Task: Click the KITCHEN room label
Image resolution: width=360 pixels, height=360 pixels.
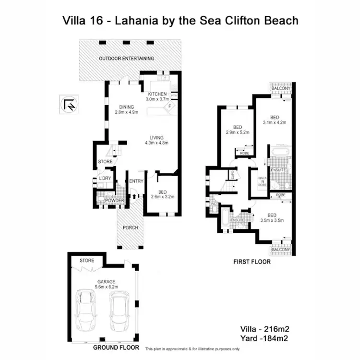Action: click(157, 94)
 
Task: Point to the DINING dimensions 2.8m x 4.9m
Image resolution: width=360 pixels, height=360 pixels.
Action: click(126, 112)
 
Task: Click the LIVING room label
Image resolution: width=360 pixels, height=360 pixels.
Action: click(157, 137)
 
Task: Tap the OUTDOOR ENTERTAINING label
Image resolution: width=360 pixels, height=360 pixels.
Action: click(126, 59)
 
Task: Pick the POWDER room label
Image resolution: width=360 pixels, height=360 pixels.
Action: click(115, 201)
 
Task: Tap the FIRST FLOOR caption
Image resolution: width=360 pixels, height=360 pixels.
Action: click(251, 262)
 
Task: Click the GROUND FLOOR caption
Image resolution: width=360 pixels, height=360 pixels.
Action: click(116, 347)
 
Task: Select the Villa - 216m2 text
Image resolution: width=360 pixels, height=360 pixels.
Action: click(264, 329)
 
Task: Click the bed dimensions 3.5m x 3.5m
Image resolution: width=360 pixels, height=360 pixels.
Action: click(272, 221)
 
